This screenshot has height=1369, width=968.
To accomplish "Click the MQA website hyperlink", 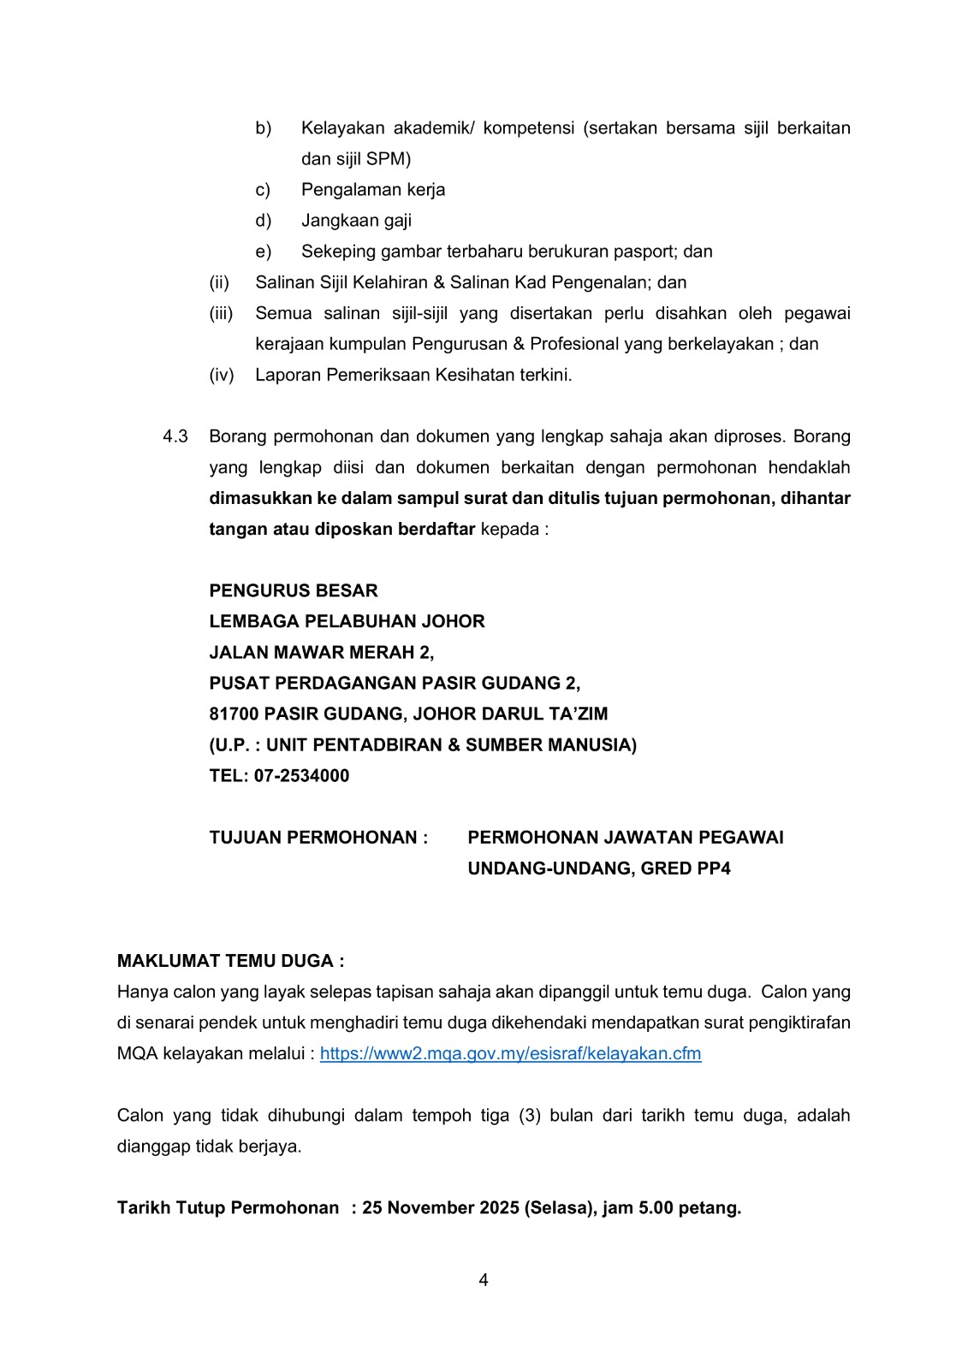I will (510, 1053).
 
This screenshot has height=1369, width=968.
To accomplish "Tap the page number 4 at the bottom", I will (484, 1280).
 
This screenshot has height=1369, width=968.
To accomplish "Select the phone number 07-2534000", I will (301, 776).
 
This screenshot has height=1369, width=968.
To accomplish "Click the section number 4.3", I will (175, 436).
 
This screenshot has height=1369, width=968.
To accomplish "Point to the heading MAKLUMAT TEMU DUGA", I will (230, 961).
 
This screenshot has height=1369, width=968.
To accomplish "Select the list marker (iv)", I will (222, 375).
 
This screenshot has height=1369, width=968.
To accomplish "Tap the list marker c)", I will (263, 190).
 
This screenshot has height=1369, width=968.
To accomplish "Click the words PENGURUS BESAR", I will (294, 591).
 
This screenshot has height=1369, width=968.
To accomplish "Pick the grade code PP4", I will (713, 868).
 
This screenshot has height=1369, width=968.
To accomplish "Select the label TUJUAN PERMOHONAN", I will (318, 838).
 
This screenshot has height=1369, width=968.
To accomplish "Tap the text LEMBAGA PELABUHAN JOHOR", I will (347, 622).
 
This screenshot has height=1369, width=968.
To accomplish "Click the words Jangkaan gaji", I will (356, 221).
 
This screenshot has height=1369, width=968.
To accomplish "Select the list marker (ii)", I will (219, 282).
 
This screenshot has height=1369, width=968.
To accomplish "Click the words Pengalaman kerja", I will (373, 190).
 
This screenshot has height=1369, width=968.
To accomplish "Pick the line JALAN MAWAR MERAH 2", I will (321, 653).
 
